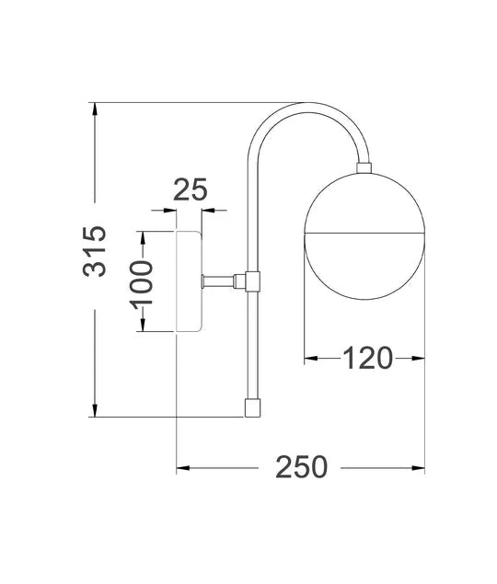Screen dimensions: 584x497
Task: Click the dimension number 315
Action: click(96, 252)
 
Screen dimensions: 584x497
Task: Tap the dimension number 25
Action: click(191, 190)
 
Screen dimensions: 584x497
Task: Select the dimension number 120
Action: click(367, 357)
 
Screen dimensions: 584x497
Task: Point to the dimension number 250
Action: click(301, 467)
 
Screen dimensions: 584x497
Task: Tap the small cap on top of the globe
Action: click(364, 168)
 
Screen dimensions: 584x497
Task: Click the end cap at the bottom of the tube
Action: click(251, 407)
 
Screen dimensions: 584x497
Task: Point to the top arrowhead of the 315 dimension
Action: click(96, 109)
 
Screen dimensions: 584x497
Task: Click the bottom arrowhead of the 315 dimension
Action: click(96, 410)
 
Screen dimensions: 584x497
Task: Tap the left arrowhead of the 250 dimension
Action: click(182, 468)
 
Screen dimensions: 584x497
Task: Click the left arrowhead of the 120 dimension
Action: click(310, 358)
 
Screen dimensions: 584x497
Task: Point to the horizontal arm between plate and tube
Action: click(221, 280)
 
